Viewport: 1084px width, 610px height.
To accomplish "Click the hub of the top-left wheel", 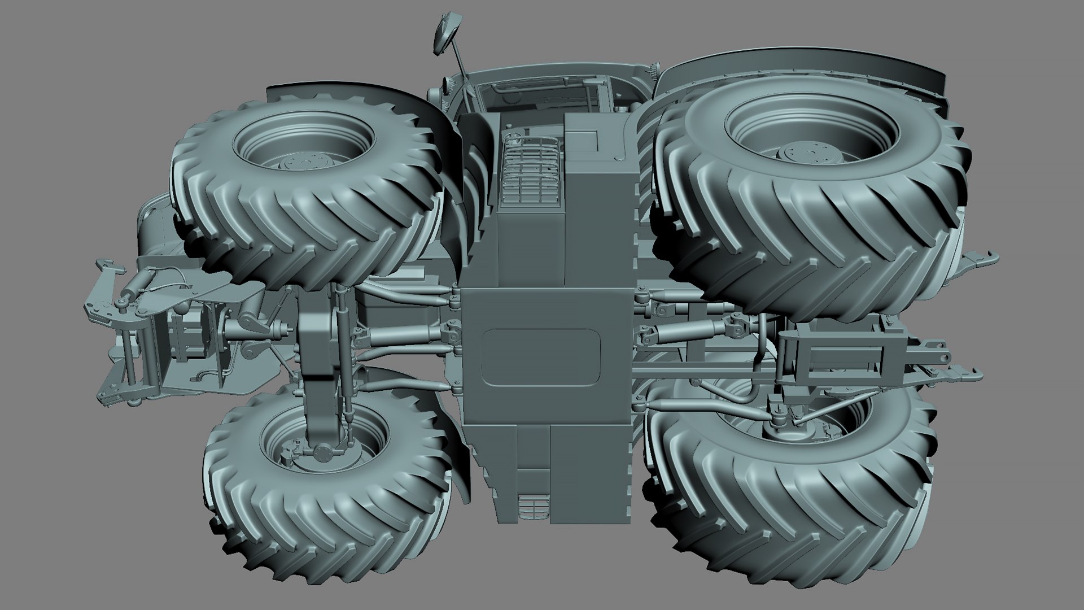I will [305, 163].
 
